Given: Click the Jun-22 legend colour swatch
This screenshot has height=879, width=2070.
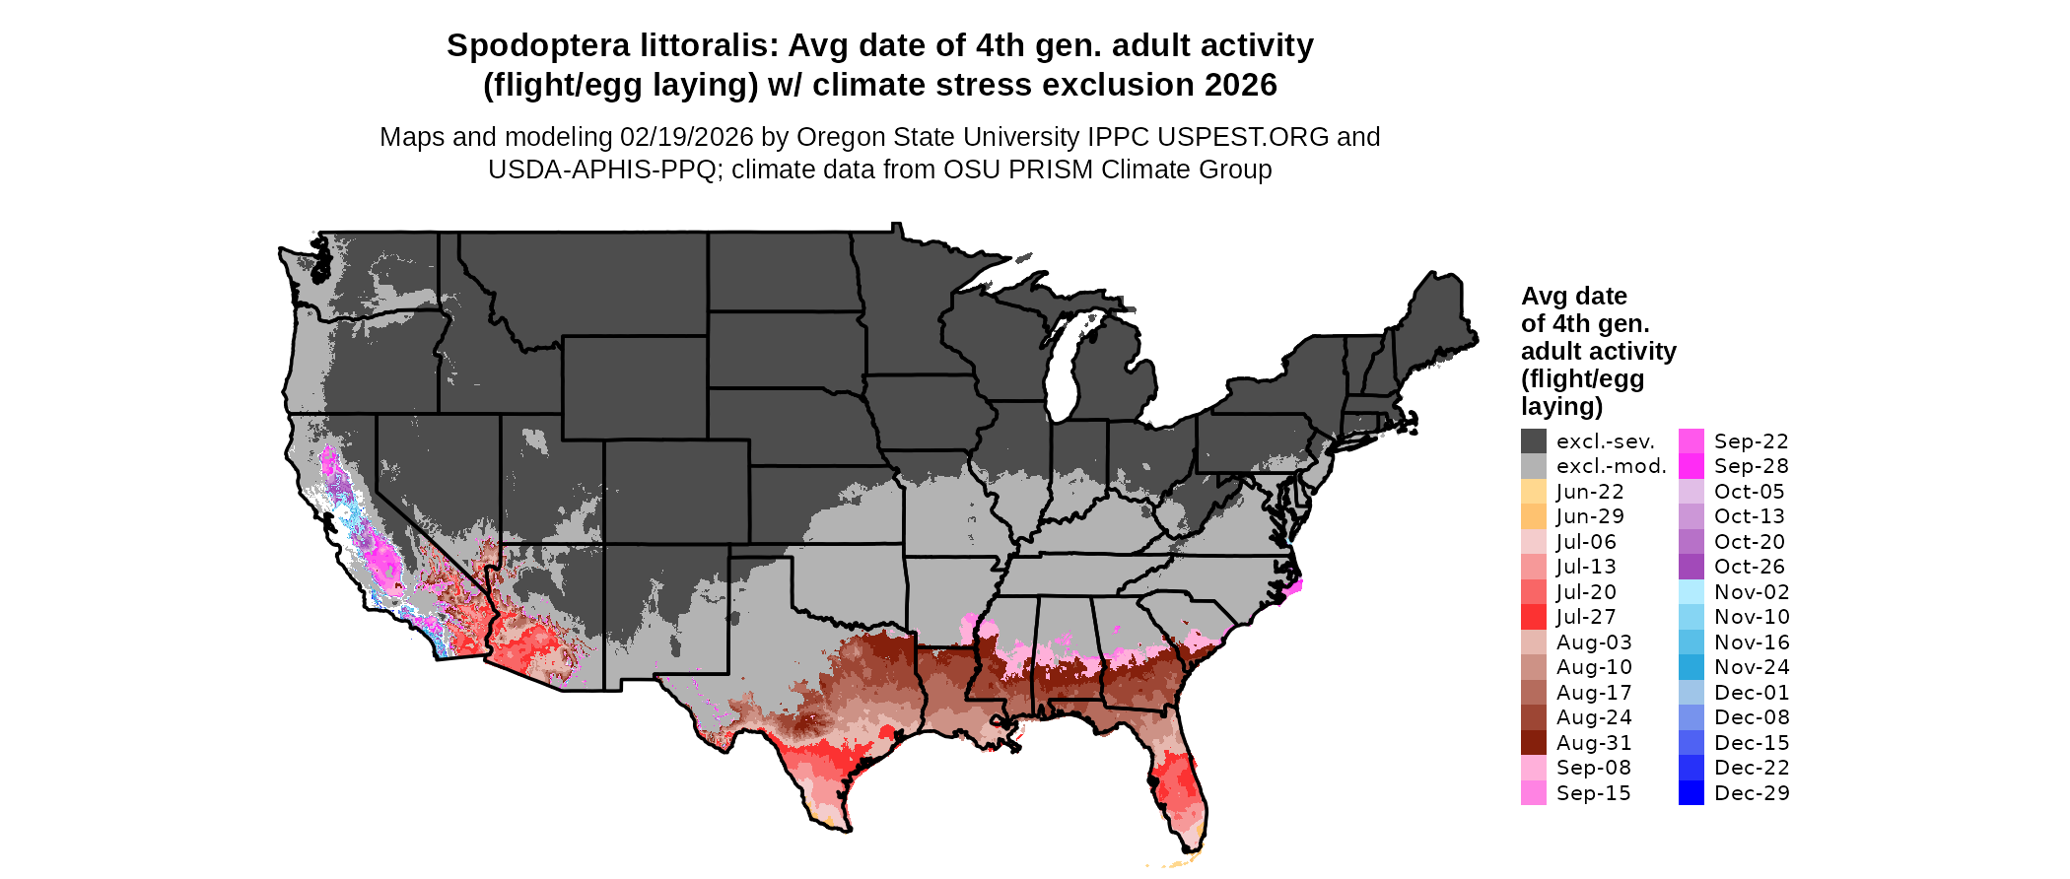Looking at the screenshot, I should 1534,491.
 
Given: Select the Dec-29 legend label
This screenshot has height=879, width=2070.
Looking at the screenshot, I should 1752,793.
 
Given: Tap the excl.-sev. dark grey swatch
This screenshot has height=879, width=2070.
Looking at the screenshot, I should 1534,440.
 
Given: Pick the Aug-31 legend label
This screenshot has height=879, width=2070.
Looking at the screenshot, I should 1594,743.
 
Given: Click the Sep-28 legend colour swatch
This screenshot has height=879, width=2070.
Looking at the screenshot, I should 1691,466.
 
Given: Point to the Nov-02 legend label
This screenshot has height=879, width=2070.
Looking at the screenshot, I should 1752,592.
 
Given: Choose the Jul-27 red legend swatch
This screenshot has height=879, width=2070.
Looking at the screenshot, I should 1534,617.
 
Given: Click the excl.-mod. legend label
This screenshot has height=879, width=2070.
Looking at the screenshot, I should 1611,466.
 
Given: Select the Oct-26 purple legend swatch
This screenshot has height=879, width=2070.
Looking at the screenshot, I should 1691,567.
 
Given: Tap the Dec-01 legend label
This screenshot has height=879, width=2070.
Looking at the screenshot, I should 1752,693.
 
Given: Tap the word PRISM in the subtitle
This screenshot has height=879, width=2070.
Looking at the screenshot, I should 1044,169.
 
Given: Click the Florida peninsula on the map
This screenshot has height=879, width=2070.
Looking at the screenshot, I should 1178,778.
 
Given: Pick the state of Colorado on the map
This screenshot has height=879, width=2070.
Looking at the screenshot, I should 676,491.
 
